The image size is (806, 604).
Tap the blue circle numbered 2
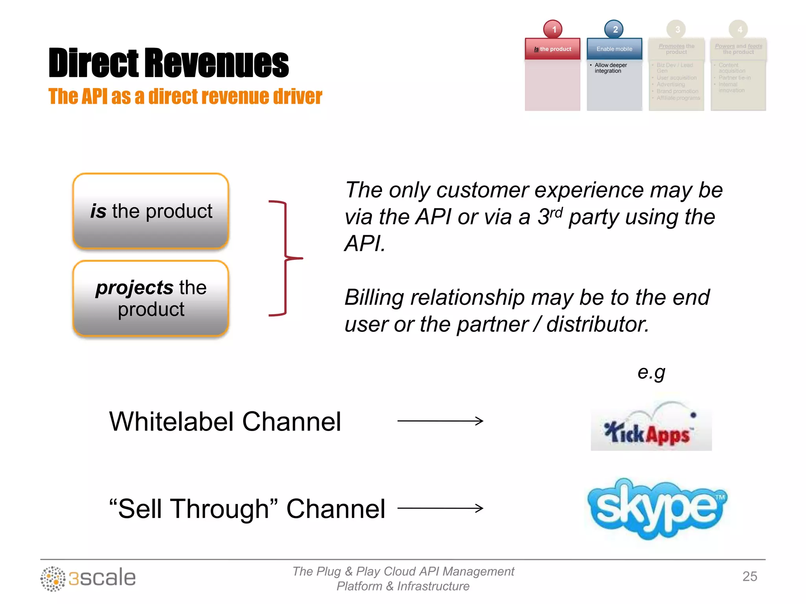[x=614, y=29]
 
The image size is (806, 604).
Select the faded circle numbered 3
[x=676, y=29]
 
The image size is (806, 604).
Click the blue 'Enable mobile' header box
[x=614, y=49]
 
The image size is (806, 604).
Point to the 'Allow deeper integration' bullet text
[x=610, y=68]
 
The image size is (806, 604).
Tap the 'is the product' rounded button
[x=151, y=211]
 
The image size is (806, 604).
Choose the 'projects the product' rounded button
[x=151, y=298]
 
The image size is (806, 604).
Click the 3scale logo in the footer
[x=88, y=578]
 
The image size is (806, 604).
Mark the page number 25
[x=749, y=576]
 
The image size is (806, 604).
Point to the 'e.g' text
[x=651, y=372]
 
